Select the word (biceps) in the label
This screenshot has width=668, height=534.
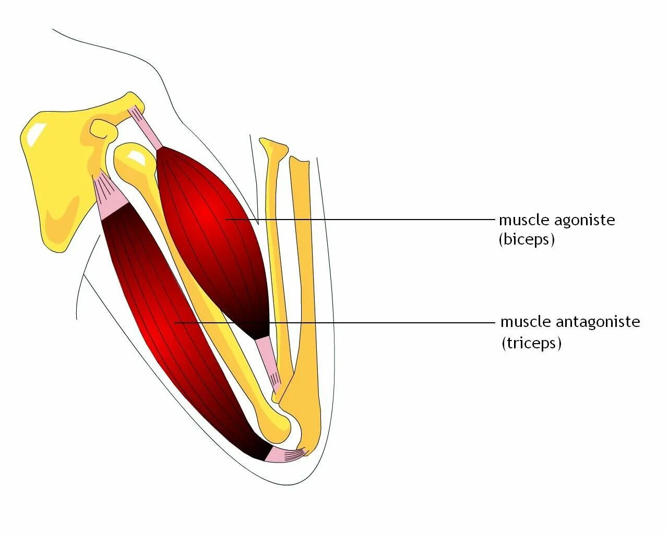527,239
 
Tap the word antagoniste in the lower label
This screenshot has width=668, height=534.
598,322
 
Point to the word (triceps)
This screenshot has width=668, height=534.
531,343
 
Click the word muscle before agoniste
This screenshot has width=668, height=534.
524,220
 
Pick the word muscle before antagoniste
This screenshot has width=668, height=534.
526,322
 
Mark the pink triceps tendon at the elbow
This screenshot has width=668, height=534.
284,455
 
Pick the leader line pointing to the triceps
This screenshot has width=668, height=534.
365,323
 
